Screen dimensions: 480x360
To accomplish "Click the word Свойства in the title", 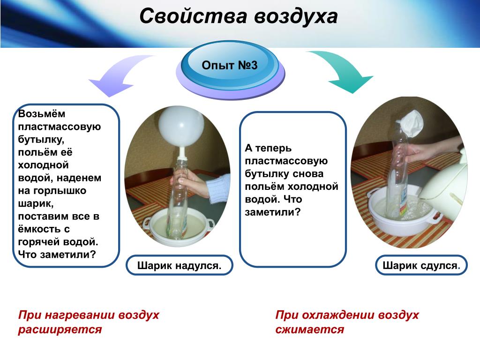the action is (x=193, y=16).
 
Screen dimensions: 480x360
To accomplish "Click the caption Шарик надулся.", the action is (x=180, y=265).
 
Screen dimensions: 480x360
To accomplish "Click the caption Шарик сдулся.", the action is (x=421, y=265).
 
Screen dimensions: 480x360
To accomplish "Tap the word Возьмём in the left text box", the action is (x=42, y=114).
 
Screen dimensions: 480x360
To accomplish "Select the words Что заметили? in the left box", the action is (x=57, y=255).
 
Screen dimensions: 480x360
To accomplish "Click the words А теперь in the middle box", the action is (x=268, y=148).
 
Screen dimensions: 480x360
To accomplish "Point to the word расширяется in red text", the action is (x=60, y=330).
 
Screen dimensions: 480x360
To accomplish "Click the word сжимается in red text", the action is (x=310, y=330).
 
